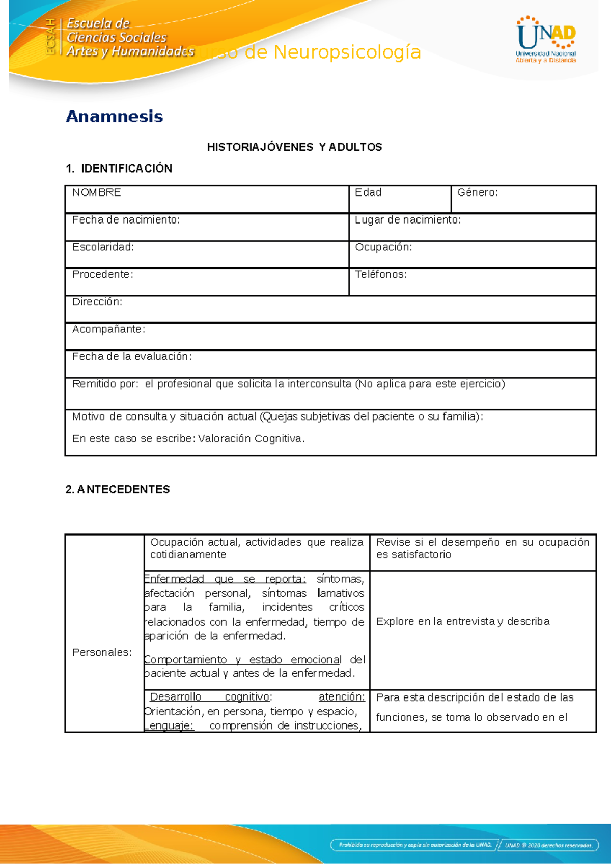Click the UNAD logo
point(546,40)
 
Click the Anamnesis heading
point(115,117)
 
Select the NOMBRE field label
point(97,192)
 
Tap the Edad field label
point(368,192)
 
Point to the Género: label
point(477,192)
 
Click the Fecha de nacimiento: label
point(126,220)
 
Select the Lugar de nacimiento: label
point(407,220)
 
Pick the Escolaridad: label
point(103,247)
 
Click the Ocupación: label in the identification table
point(383,247)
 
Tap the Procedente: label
point(102,275)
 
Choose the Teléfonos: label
point(381,275)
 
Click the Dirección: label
point(97,302)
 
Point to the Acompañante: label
point(108,329)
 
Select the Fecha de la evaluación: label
point(132,357)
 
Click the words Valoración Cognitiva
point(251,439)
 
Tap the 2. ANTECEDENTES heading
point(118,489)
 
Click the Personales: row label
point(102,653)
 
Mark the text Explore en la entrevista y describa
point(462,622)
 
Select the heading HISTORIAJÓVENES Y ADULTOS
point(294,147)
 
